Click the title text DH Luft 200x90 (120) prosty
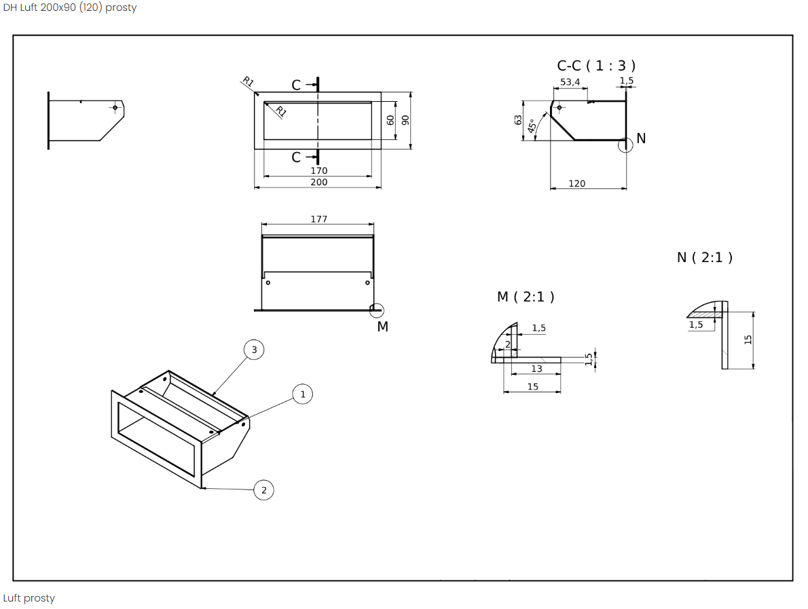69,8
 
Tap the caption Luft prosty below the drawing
29,598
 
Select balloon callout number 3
254,350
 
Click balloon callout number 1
303,394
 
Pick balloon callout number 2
264,490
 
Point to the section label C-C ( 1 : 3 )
596,66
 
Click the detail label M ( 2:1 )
526,297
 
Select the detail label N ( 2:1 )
704,257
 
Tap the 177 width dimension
318,219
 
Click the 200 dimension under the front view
318,182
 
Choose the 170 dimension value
318,170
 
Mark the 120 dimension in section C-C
576,183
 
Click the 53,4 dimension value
570,82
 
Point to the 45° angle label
533,125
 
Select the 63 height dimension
518,119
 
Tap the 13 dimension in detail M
536,369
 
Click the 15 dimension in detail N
748,339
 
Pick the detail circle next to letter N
626,144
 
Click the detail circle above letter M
376,310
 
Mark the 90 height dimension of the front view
406,119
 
